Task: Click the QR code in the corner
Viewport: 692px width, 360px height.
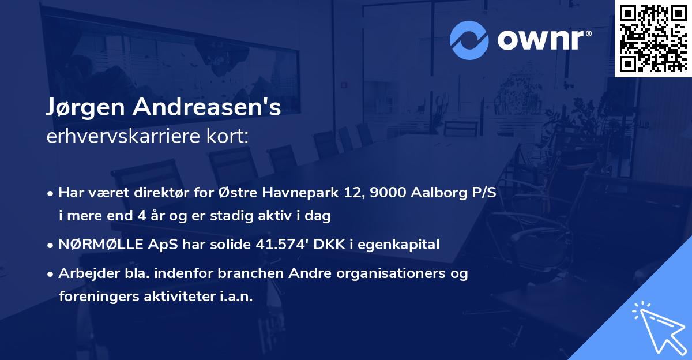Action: coord(653,39)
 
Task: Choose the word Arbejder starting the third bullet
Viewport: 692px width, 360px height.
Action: coord(84,273)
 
